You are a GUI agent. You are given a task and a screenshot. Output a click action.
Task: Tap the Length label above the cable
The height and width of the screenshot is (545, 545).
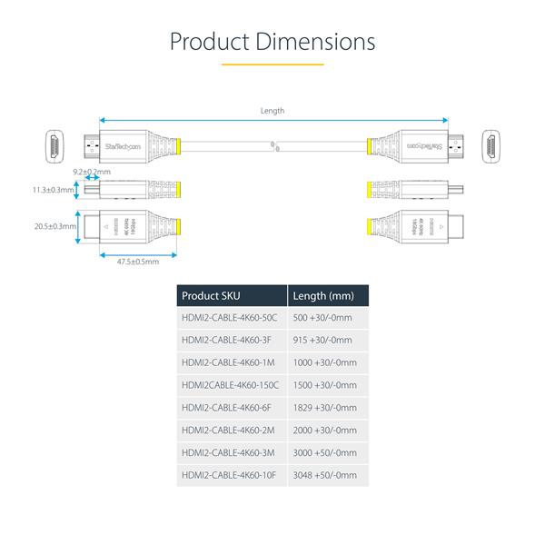[x=272, y=111]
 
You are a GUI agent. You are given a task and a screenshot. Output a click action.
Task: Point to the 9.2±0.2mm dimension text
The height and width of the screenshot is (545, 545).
[x=91, y=171]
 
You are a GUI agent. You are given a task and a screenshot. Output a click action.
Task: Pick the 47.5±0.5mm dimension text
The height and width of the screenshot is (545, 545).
[x=138, y=262]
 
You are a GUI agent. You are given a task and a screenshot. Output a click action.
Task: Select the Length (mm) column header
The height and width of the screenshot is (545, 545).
[x=322, y=295]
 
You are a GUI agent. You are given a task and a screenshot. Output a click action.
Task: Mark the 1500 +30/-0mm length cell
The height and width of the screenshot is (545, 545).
[x=325, y=384]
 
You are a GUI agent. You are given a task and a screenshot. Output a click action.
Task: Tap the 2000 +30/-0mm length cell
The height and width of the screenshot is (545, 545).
[x=325, y=429]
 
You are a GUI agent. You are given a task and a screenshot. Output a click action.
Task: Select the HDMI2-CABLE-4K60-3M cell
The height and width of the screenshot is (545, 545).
[x=226, y=451]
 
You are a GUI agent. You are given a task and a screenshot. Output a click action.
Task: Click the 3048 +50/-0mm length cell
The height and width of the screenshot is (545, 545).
[x=325, y=473]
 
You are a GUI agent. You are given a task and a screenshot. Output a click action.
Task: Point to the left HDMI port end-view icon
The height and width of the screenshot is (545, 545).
[x=55, y=144]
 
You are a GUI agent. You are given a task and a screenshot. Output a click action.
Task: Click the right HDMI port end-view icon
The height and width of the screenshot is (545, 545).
[x=491, y=144]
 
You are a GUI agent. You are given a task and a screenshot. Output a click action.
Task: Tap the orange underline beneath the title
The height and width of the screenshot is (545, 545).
[x=272, y=64]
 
